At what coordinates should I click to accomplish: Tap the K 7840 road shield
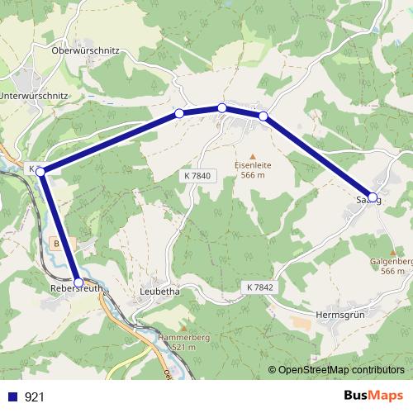point(197,175)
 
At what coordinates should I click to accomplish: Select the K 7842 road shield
point(260,285)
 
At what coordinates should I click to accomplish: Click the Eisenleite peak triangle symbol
point(253,154)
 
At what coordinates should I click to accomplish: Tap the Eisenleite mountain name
point(253,164)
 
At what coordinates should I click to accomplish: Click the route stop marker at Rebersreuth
point(78,282)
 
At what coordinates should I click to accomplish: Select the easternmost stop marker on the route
point(373,197)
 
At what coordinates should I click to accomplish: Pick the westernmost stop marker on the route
point(40,171)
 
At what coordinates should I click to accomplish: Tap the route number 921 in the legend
point(35,396)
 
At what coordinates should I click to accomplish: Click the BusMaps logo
point(373,396)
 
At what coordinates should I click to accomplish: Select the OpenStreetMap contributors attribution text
point(341,370)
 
